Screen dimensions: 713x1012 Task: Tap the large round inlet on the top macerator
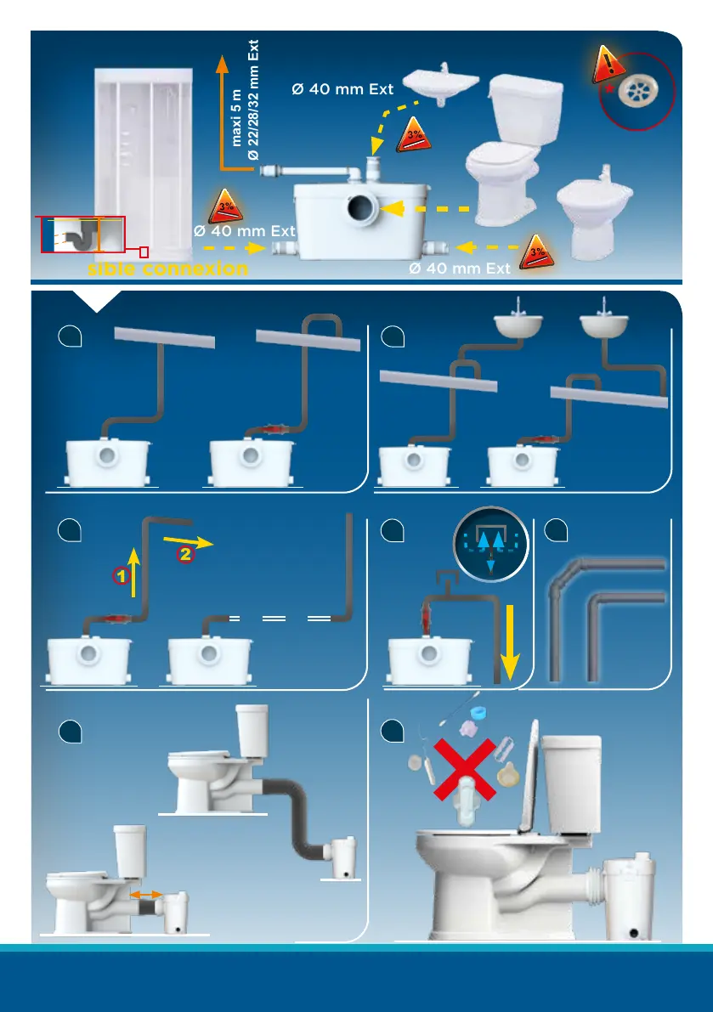click(364, 208)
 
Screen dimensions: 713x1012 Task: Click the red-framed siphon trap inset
click(82, 235)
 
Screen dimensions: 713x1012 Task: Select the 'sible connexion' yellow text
click(168, 269)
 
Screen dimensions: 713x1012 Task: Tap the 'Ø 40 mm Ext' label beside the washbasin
click(342, 89)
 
